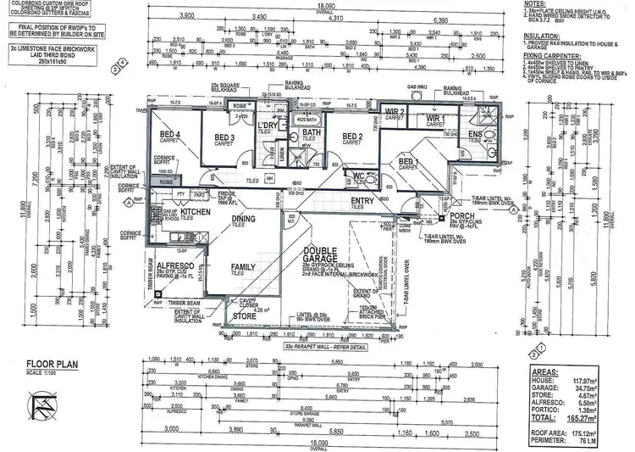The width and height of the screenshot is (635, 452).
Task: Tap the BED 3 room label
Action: point(224,138)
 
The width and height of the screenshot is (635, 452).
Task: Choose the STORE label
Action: point(245,315)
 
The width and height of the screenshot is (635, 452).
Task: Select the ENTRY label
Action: point(362,201)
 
